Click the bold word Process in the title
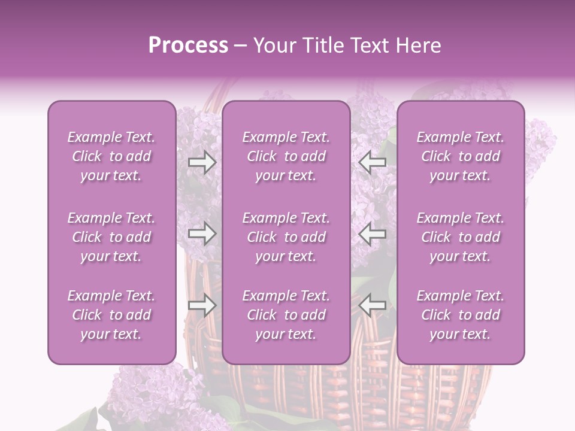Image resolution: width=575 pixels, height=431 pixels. [188, 45]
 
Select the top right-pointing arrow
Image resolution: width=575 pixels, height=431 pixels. [202, 162]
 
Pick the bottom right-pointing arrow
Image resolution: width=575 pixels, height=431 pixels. [202, 305]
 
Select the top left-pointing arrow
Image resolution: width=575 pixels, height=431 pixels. [372, 162]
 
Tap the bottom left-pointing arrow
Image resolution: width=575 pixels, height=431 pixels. [372, 305]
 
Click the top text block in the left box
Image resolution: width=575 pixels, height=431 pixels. [111, 156]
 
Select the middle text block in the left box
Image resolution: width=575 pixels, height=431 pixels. [111, 237]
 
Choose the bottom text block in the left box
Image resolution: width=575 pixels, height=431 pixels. [111, 315]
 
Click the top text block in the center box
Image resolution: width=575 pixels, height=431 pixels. [286, 156]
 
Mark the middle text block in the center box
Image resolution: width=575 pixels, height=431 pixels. [286, 237]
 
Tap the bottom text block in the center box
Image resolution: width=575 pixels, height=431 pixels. [286, 315]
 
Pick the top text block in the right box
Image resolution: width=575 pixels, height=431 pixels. [460, 156]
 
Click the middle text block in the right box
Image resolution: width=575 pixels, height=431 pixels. [460, 237]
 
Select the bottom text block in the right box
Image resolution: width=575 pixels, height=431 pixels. [460, 315]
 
